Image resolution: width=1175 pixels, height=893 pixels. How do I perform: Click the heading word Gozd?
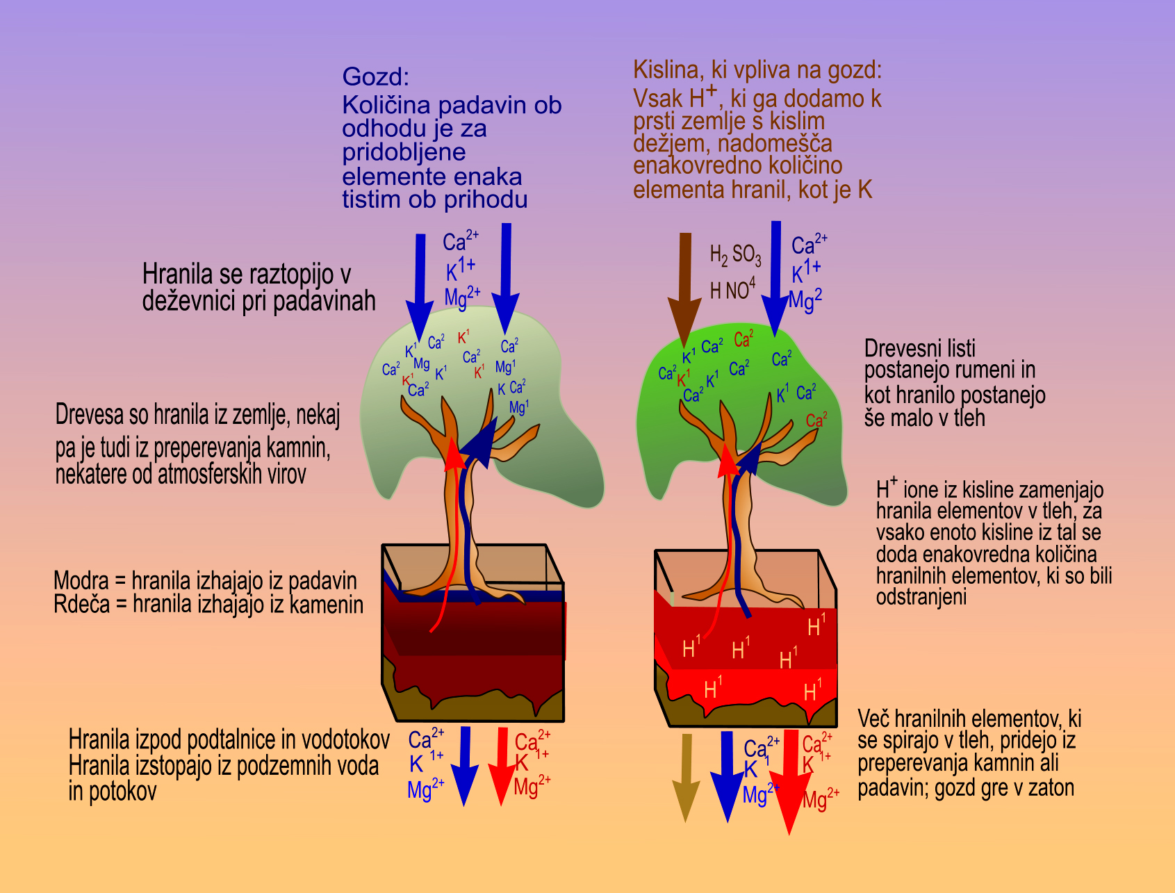coord(376,77)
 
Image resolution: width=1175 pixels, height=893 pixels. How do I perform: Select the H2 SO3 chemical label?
coord(735,255)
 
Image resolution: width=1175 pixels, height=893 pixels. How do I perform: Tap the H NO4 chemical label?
coord(732,288)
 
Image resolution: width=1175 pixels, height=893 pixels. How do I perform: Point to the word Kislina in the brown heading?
coord(667,70)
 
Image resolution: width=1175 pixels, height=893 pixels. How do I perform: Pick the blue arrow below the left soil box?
coord(464,764)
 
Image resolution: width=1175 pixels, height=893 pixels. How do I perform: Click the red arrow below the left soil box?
coord(502,764)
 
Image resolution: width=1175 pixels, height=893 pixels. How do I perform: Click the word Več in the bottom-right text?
coord(873,719)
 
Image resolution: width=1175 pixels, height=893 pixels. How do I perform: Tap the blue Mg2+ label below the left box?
coord(425,789)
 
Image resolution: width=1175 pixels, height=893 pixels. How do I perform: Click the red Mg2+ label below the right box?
coord(821,798)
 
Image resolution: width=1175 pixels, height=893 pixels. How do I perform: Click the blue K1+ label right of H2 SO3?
coord(806,271)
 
